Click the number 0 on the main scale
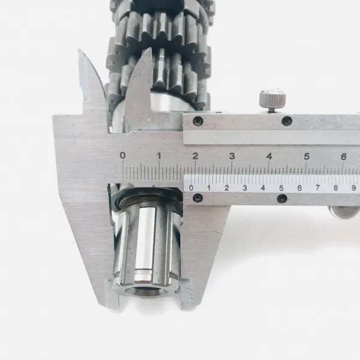123,155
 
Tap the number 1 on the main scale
159,155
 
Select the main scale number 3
232,156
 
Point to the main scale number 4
269,157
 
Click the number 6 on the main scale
343,157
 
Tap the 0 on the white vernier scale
191,188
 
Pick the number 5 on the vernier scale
281,188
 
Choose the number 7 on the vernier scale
317,188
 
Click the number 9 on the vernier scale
354,188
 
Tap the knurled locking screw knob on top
273,98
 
